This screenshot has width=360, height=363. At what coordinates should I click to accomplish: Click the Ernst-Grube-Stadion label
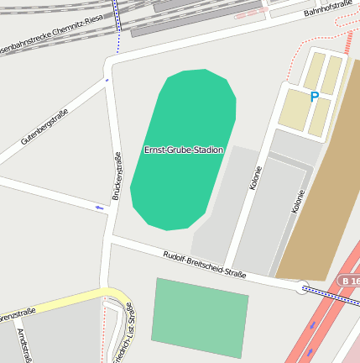(x=184, y=150)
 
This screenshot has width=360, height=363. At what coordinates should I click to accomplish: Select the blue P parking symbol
(x=315, y=97)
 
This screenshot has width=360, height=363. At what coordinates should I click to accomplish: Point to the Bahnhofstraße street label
(x=328, y=8)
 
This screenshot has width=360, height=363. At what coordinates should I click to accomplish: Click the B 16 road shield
(x=350, y=280)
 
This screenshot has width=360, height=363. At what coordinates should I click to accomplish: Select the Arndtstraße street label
(x=23, y=345)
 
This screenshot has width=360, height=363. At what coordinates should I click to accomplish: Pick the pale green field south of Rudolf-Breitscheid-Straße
(x=200, y=318)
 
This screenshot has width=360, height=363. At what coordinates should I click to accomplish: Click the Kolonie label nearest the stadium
(x=255, y=177)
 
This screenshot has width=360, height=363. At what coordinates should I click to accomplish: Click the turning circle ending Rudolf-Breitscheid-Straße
(x=302, y=288)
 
